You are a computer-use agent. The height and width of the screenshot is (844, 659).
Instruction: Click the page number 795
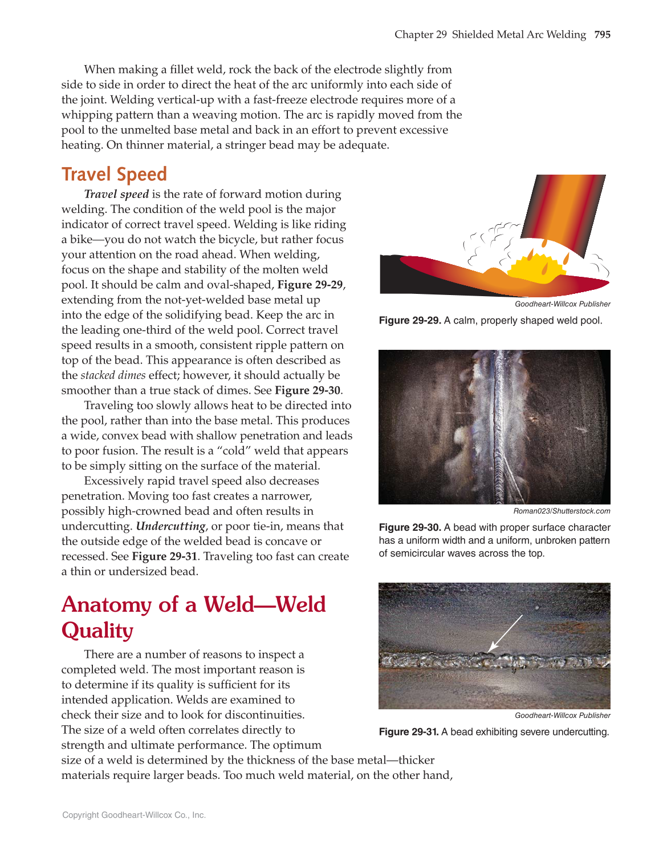pos(602,35)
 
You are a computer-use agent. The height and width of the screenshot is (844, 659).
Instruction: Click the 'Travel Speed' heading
pos(114,174)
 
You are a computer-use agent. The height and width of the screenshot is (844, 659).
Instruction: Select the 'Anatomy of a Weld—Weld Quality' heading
pos(193,617)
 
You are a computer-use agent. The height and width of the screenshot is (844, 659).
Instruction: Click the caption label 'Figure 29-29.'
pos(410,321)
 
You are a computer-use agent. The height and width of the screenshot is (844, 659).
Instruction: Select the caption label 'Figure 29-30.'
pos(410,528)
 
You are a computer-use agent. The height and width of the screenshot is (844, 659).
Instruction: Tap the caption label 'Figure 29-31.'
pos(409,732)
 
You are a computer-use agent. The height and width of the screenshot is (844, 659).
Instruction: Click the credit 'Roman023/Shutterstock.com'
pos(562,511)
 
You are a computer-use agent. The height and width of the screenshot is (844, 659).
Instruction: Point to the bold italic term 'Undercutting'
pos(170,526)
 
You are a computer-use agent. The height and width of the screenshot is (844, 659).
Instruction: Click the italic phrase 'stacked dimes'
pos(113,375)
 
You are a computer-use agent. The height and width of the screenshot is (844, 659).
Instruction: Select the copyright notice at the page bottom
pos(134,815)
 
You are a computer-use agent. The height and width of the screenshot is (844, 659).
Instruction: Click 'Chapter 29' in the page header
pos(421,35)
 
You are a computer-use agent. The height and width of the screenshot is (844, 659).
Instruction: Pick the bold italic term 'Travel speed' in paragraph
pos(116,194)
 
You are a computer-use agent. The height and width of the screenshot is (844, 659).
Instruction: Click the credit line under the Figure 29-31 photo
pos(562,716)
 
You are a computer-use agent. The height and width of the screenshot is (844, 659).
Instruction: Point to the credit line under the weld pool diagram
pos(562,304)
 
